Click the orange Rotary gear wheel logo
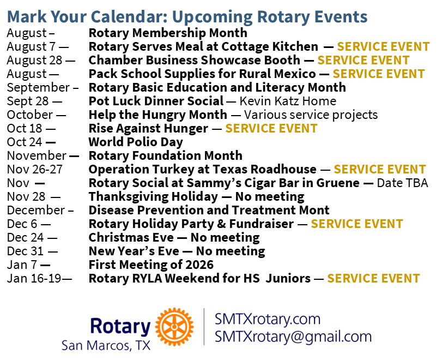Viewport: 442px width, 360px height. pyautogui.click(x=174, y=327)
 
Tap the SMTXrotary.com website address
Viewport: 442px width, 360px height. pyautogui.click(x=268, y=319)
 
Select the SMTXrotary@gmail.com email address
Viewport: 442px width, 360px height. pyautogui.click(x=293, y=337)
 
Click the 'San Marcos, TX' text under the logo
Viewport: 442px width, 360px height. pyautogui.click(x=106, y=345)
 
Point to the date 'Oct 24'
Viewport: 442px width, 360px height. pyautogui.click(x=25, y=142)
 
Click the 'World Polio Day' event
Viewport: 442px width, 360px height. pyautogui.click(x=136, y=142)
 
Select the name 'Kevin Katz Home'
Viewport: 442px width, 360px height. pyautogui.click(x=288, y=101)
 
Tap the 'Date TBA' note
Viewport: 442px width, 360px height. pyautogui.click(x=403, y=183)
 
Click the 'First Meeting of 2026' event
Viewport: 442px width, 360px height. pyautogui.click(x=151, y=265)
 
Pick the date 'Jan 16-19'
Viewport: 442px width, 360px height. pyautogui.click(x=34, y=279)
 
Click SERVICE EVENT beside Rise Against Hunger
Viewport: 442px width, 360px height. pyautogui.click(x=271, y=128)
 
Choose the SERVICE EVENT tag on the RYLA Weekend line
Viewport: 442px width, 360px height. pyautogui.click(x=373, y=279)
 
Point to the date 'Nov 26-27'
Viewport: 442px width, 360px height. pyautogui.click(x=35, y=169)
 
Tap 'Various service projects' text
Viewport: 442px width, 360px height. pyautogui.click(x=311, y=115)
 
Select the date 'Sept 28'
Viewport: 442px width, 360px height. pyautogui.click(x=28, y=101)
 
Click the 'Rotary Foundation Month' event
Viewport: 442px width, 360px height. pyautogui.click(x=166, y=155)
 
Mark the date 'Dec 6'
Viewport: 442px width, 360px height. pyautogui.click(x=22, y=224)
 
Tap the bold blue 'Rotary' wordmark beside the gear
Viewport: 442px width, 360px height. pyautogui.click(x=120, y=326)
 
